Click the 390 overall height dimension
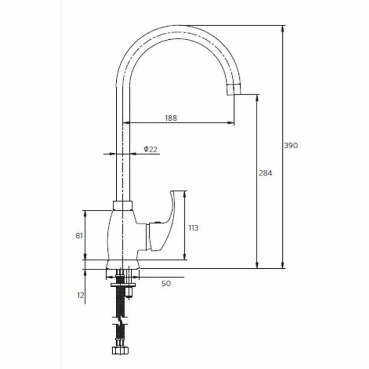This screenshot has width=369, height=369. tap(291, 146)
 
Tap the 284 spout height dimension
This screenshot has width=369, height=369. tap(265, 173)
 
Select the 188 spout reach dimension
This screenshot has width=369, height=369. tap(171, 118)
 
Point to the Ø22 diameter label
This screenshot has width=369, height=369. tap(151, 149)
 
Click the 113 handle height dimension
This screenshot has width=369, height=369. tap(194, 228)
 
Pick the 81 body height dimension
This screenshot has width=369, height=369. tap(79, 236)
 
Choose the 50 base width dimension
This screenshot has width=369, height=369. tap(166, 284)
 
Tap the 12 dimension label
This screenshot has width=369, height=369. tap(80, 295)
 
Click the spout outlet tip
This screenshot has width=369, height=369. tap(234, 90)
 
